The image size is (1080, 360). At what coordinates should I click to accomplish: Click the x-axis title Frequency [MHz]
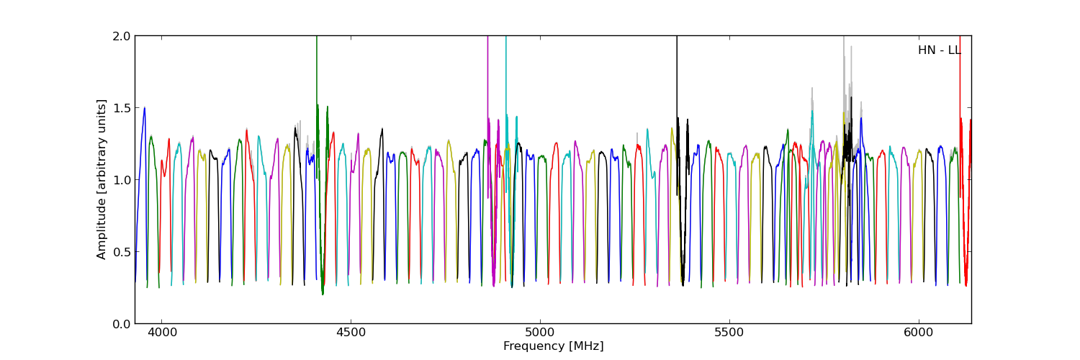(x=553, y=346)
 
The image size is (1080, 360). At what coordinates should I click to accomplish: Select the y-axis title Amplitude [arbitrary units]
(x=102, y=179)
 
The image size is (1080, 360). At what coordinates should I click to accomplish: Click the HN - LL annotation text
(x=939, y=50)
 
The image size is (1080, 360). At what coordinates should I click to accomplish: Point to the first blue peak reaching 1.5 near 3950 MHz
(x=144, y=109)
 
